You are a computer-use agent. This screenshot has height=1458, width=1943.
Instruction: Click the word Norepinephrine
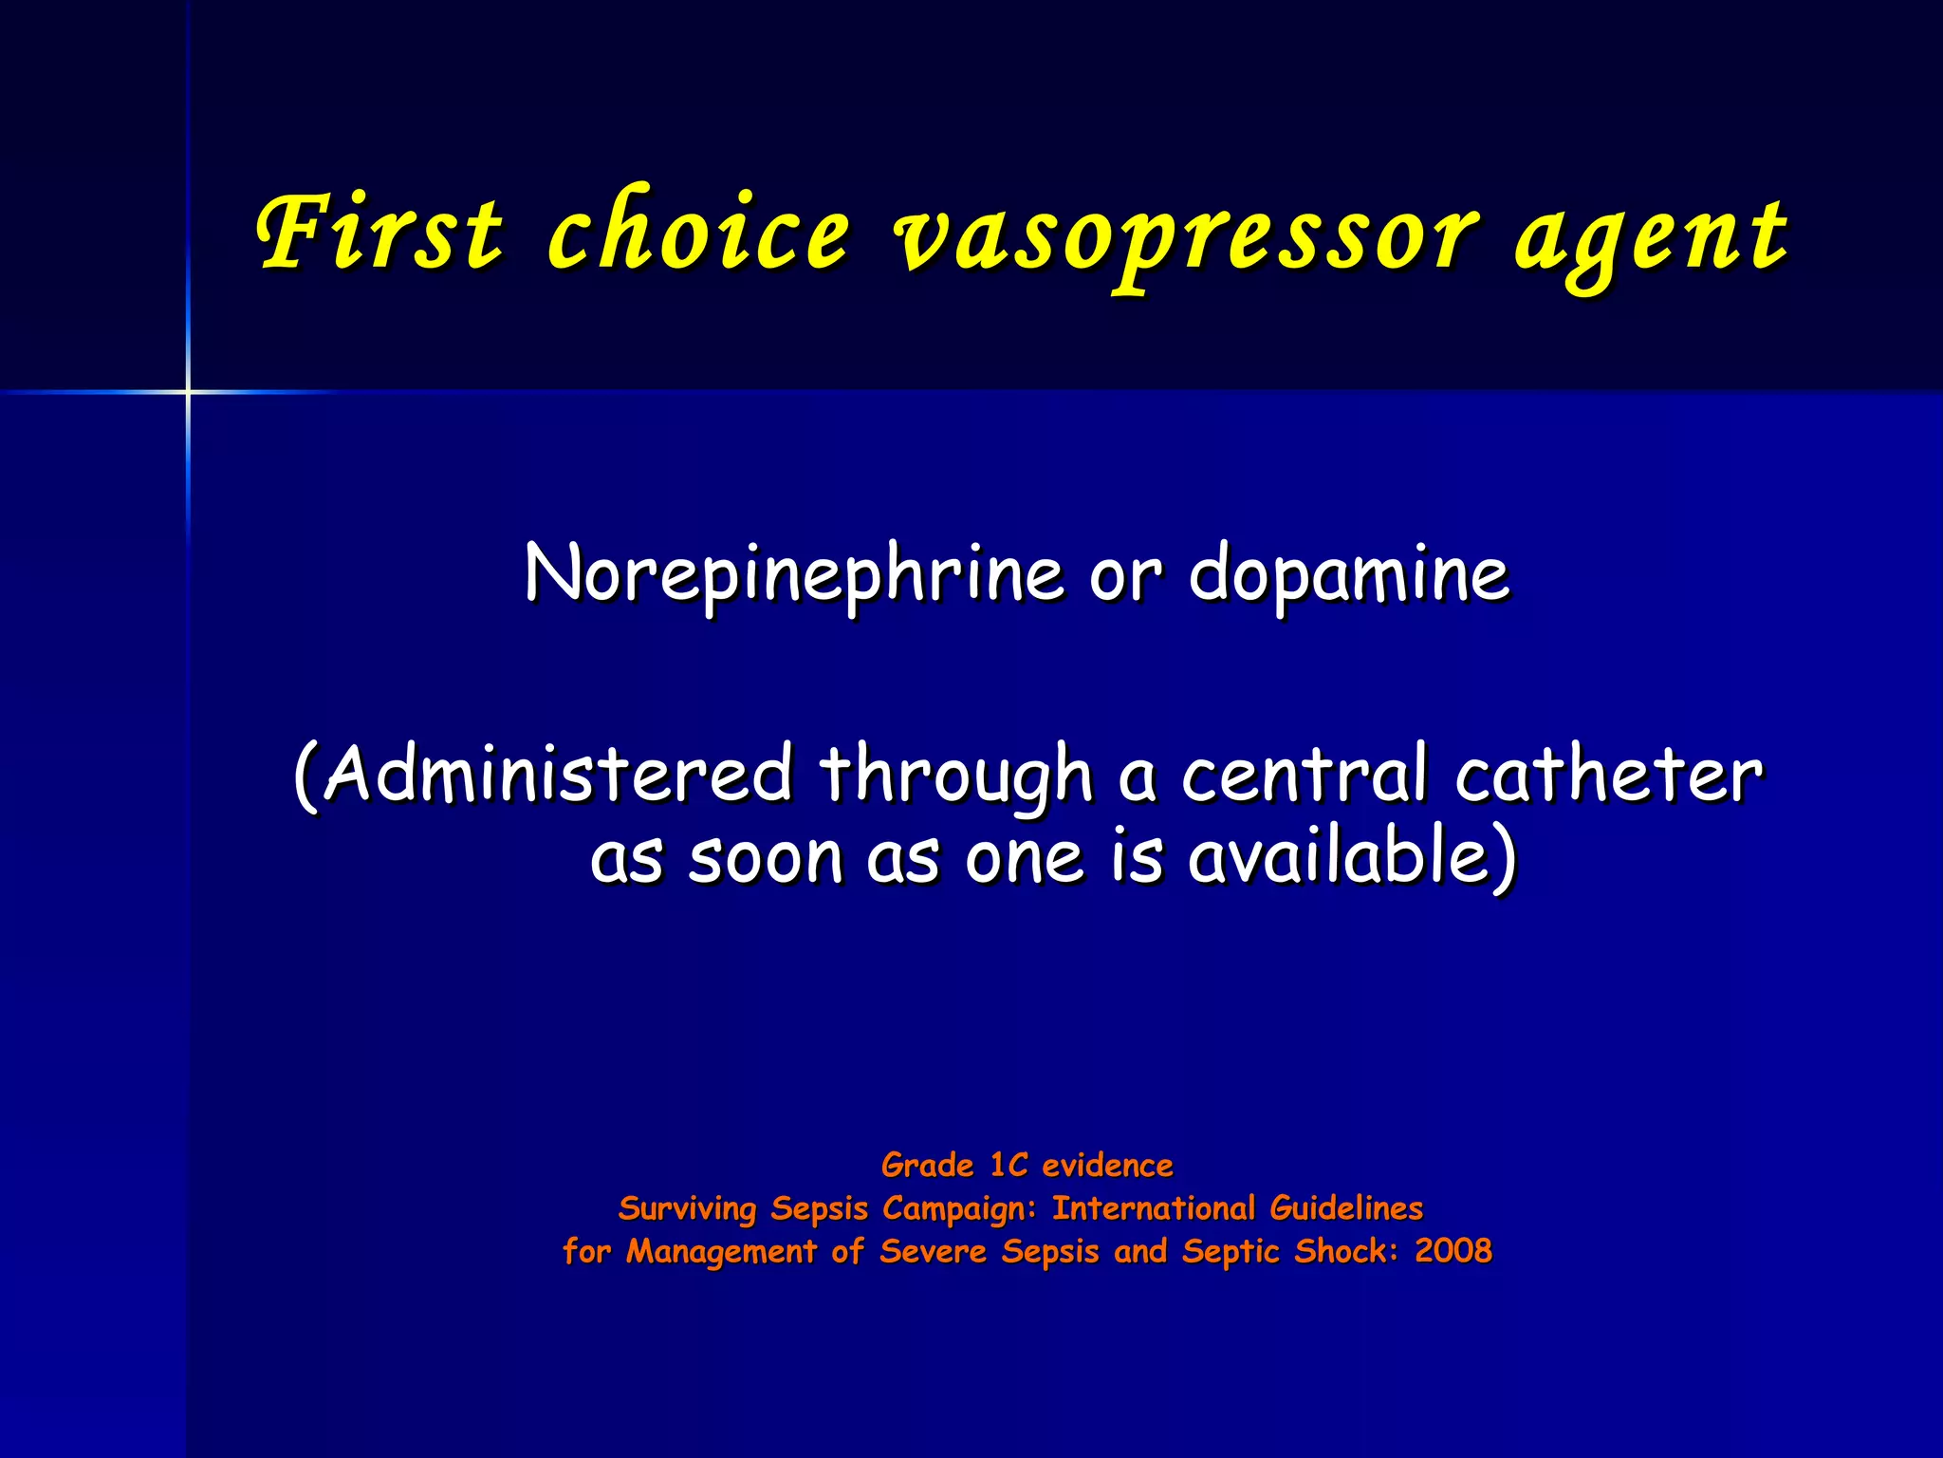pos(793,575)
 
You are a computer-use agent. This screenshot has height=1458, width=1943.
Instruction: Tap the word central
pos(1305,774)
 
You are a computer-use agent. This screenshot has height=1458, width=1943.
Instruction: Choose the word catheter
pos(1608,774)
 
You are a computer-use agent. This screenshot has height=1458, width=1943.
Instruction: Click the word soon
pos(766,858)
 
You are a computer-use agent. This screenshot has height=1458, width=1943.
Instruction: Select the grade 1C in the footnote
pos(1009,1165)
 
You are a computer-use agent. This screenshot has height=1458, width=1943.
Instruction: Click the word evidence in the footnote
pos(1107,1165)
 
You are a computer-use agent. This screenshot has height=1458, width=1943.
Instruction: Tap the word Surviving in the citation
pos(687,1208)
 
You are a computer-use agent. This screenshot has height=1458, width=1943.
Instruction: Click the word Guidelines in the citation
pos(1346,1207)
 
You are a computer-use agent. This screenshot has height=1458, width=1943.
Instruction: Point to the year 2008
pos(1453,1250)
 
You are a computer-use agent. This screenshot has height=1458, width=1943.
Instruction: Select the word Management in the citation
pos(721,1251)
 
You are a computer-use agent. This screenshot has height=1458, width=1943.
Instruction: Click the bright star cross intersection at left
pos(188,391)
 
